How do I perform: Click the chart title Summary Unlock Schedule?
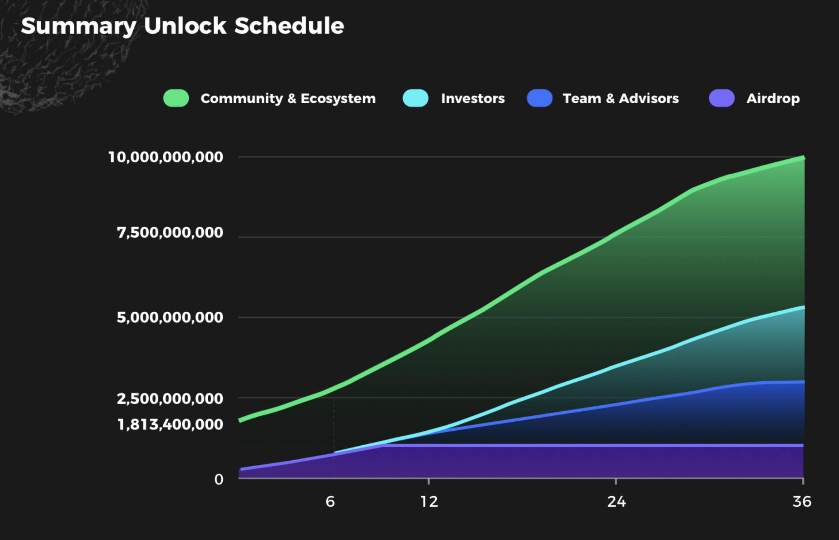[182, 26]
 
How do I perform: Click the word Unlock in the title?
[185, 26]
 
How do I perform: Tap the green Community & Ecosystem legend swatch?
[176, 98]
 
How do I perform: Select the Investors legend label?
[473, 98]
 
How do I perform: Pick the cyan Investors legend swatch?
[415, 98]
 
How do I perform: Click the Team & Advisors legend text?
[620, 98]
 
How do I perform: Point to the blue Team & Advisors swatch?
[539, 98]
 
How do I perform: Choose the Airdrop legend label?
[773, 98]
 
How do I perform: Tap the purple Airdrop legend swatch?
[722, 98]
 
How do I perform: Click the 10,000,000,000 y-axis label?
[166, 157]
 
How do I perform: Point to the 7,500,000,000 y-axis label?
[170, 232]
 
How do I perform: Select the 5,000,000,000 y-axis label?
[170, 317]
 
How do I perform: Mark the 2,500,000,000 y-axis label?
[170, 399]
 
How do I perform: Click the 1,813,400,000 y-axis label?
[170, 424]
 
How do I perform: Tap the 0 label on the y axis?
[219, 479]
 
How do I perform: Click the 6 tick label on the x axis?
[330, 502]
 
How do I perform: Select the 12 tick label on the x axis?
[429, 502]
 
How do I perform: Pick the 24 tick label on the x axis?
[616, 502]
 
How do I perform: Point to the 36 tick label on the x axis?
[802, 502]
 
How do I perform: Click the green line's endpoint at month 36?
[803, 158]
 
